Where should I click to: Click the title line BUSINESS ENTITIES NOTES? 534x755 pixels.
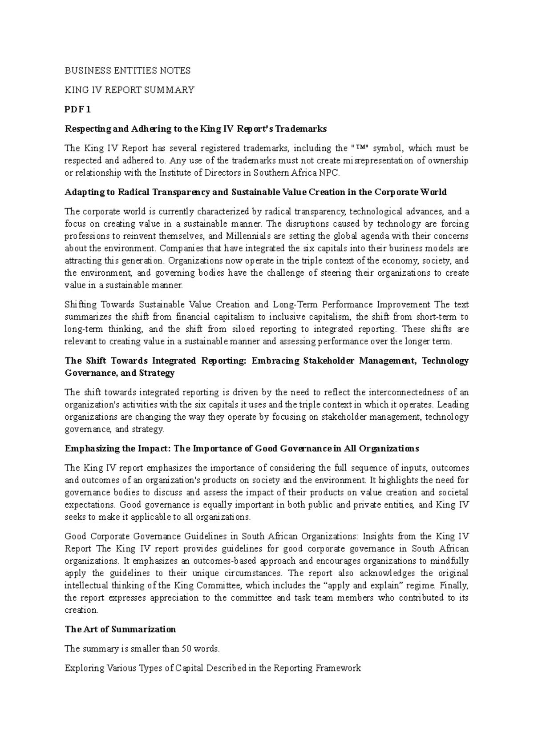click(128, 71)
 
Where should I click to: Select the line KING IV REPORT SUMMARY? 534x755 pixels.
click(129, 90)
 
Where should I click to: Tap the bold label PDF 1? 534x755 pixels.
click(78, 109)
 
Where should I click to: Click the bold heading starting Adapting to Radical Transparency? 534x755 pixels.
click(255, 192)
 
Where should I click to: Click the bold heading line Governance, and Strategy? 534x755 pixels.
click(120, 373)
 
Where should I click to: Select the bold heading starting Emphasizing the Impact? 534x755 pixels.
click(242, 448)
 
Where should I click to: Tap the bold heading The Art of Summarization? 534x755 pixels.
click(120, 629)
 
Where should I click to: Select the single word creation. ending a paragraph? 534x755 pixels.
click(81, 610)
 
